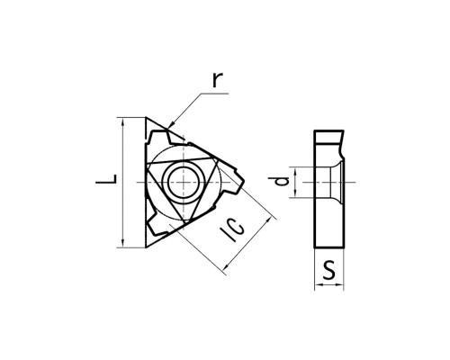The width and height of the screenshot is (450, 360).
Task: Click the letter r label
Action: coord(218,80)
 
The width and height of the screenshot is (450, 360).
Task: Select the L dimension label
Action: coord(106,179)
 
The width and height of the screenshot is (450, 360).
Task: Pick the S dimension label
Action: coord(329,269)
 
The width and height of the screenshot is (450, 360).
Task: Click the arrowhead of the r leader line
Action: coord(171,125)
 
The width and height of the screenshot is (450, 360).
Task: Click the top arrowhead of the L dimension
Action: coord(122,121)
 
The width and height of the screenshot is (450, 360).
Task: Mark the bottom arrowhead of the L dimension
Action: coord(122,244)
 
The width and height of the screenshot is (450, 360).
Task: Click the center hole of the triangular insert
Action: coord(183,182)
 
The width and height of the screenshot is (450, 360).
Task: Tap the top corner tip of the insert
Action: coord(146,118)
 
